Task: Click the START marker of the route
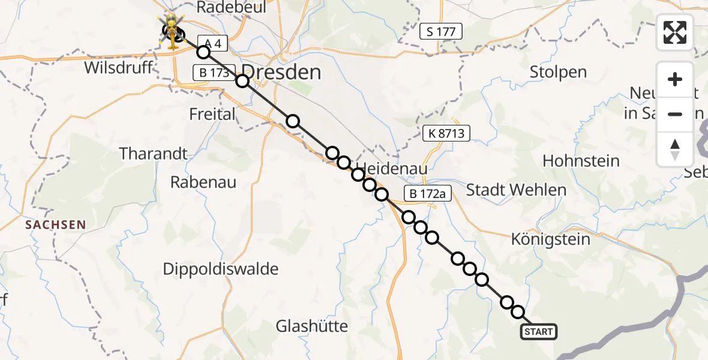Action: (x=538, y=331)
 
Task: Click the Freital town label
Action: (x=212, y=113)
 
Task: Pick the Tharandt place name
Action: (x=153, y=154)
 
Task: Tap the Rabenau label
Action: (x=203, y=182)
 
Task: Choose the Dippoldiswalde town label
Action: (x=221, y=269)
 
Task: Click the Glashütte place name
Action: (x=312, y=326)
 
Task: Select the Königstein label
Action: (x=551, y=239)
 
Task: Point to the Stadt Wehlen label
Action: (x=516, y=190)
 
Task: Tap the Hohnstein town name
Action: (x=581, y=161)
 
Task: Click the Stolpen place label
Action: (x=558, y=72)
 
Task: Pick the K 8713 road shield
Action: (x=446, y=133)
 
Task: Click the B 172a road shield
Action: (x=427, y=194)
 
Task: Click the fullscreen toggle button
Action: (x=675, y=32)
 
